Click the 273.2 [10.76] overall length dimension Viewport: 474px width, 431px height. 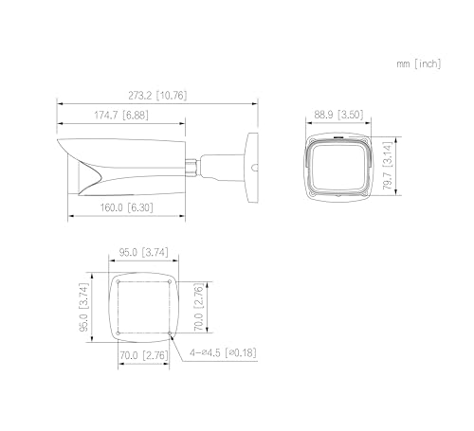pyautogui.click(x=157, y=96)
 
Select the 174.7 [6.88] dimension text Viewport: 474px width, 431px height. pyautogui.click(x=121, y=115)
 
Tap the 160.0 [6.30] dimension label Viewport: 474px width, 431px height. pyautogui.click(x=126, y=207)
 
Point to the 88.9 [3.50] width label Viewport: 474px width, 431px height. pyautogui.click(x=338, y=115)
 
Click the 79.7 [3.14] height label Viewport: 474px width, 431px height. pyautogui.click(x=388, y=166)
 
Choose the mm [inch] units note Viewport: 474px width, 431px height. pyautogui.click(x=419, y=63)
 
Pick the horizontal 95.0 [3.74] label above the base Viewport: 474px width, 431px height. pyautogui.click(x=143, y=252)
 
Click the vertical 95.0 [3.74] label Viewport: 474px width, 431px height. pyautogui.click(x=83, y=307)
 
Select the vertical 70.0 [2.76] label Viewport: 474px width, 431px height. pyautogui.click(x=198, y=307)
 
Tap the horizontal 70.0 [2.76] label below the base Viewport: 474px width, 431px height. pyautogui.click(x=143, y=355)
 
